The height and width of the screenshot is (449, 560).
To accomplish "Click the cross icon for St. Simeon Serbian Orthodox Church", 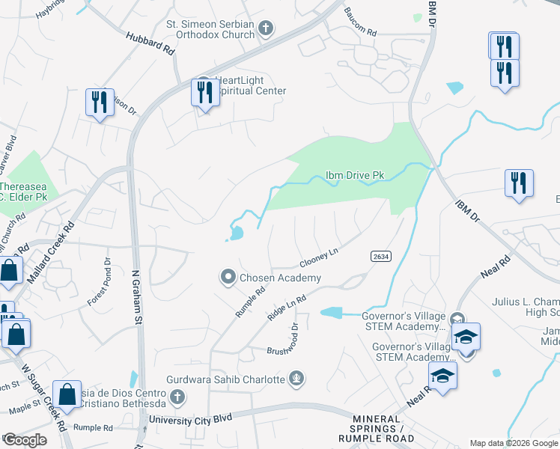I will [265, 29].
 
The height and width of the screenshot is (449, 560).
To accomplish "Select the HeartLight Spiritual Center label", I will [250, 85].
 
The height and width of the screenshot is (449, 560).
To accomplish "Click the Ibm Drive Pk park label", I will [354, 176].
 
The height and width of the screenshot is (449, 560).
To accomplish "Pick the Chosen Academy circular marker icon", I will [228, 278].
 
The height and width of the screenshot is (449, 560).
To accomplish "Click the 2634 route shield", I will [380, 256].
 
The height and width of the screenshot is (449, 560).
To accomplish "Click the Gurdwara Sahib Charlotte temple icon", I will [297, 379].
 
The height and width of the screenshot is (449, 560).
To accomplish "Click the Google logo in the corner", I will [25, 440].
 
